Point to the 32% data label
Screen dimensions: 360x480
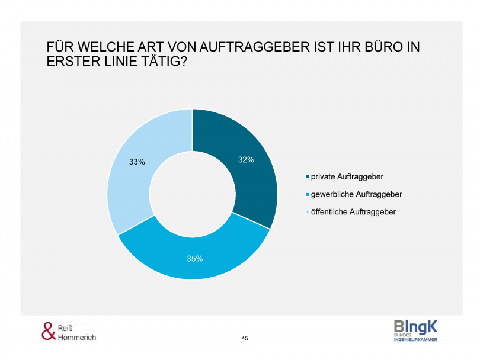pos(246,159)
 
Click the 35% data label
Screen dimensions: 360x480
pos(195,258)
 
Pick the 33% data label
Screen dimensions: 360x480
pos(137,161)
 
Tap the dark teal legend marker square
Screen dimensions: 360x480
pos(307,177)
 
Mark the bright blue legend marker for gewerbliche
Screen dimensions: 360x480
pos(307,194)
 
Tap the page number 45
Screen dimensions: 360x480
pos(245,338)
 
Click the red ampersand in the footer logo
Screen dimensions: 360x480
pos(48,331)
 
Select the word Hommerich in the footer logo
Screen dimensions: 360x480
pos(77,337)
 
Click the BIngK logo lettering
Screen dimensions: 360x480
pos(415,326)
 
